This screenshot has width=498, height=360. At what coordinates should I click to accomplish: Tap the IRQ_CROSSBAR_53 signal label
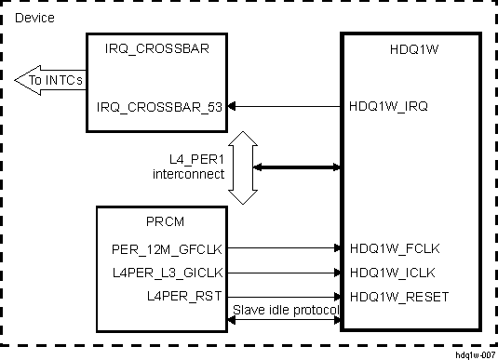click(159, 107)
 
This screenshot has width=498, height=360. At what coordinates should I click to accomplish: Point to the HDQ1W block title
click(410, 51)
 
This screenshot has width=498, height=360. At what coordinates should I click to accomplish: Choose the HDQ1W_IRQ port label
click(388, 107)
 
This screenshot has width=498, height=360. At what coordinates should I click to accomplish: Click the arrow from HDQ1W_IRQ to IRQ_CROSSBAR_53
click(284, 107)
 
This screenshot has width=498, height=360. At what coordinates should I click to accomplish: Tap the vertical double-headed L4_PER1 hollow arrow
click(243, 167)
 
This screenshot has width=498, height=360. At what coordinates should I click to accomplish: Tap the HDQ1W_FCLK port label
click(395, 249)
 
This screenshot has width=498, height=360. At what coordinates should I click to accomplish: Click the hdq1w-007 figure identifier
click(474, 354)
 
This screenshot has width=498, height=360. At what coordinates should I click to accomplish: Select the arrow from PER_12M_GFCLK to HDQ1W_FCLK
click(284, 249)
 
